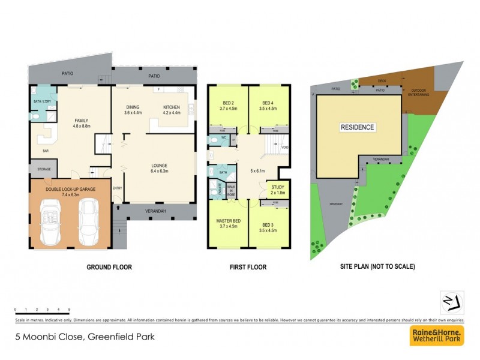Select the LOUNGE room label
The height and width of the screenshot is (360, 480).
159,166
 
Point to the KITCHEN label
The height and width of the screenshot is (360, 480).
172,108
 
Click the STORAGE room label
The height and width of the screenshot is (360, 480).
44,169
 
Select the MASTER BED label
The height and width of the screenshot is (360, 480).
227,221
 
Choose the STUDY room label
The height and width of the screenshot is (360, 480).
277,187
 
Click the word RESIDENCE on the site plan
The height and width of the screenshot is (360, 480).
358,127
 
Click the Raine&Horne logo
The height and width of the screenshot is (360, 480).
436,335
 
